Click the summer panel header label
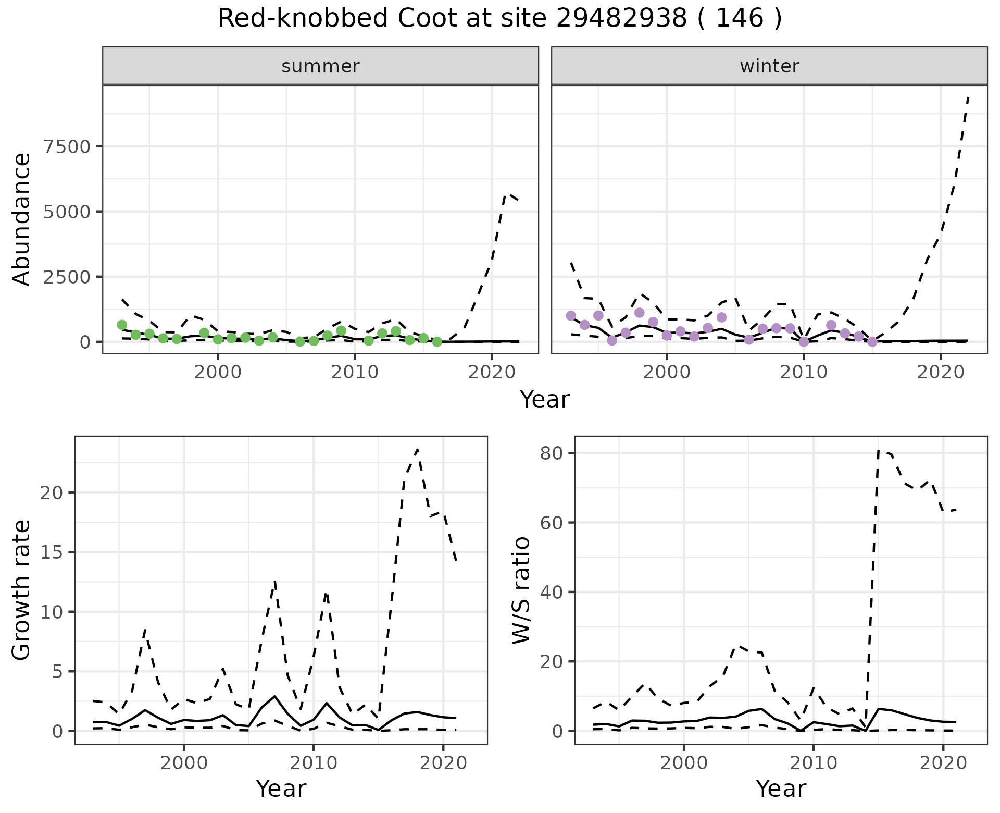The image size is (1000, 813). (320, 66)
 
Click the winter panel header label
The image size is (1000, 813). (769, 66)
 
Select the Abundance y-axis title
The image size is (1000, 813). (22, 219)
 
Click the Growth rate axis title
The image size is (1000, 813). (22, 590)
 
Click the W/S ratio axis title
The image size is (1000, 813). (521, 590)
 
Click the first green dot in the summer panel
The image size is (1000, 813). (122, 325)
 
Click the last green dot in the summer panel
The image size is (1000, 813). (437, 341)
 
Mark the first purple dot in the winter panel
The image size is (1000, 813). (571, 315)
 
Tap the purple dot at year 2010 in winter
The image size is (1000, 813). (804, 341)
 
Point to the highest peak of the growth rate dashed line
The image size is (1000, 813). (417, 449)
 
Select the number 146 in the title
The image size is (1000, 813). (740, 19)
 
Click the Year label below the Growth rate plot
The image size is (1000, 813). (281, 789)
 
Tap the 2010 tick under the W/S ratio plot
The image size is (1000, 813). (813, 763)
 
